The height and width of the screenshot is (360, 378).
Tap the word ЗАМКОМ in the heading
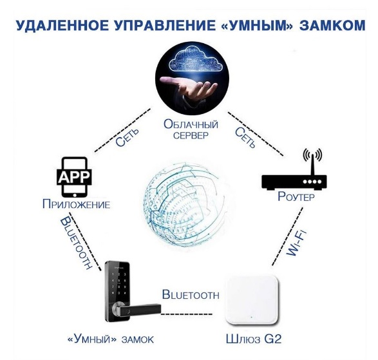[333, 26]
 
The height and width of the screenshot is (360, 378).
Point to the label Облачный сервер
[191, 129]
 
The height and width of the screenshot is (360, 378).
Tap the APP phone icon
[74, 177]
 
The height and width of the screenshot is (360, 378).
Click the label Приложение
[76, 205]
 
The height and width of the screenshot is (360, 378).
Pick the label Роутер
[296, 196]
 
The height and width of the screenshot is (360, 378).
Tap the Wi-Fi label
[296, 243]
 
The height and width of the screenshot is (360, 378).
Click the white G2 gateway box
[252, 301]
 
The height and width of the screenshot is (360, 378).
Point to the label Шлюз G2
[254, 339]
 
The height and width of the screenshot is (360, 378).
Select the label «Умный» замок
[110, 339]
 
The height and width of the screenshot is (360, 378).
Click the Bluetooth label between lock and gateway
[191, 295]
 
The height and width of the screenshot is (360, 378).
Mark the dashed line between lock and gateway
[187, 314]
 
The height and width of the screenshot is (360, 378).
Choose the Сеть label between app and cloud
[127, 137]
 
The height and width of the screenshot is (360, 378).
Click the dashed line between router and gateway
[287, 237]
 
